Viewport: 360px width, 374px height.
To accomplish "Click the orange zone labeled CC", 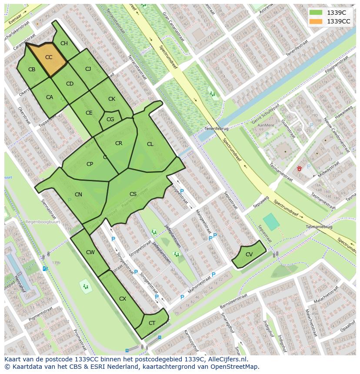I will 49,57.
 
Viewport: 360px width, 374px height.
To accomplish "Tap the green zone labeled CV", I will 249,255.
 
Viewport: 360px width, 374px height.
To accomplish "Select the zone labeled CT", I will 152,323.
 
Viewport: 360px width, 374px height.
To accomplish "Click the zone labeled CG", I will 110,119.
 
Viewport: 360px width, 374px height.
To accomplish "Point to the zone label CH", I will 64,43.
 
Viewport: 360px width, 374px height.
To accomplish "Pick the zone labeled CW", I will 90,252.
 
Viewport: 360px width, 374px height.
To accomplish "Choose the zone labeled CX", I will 123,299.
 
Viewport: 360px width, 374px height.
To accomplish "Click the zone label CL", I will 150,144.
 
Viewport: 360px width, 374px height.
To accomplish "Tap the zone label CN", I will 78,195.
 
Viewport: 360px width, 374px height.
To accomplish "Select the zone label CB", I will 32,70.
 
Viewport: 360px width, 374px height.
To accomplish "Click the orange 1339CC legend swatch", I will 316,21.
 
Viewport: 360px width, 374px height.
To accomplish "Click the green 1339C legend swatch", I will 316,12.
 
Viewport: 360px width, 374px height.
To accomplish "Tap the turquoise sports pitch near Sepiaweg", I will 271,222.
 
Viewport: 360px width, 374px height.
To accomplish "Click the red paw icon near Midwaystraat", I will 300,168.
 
